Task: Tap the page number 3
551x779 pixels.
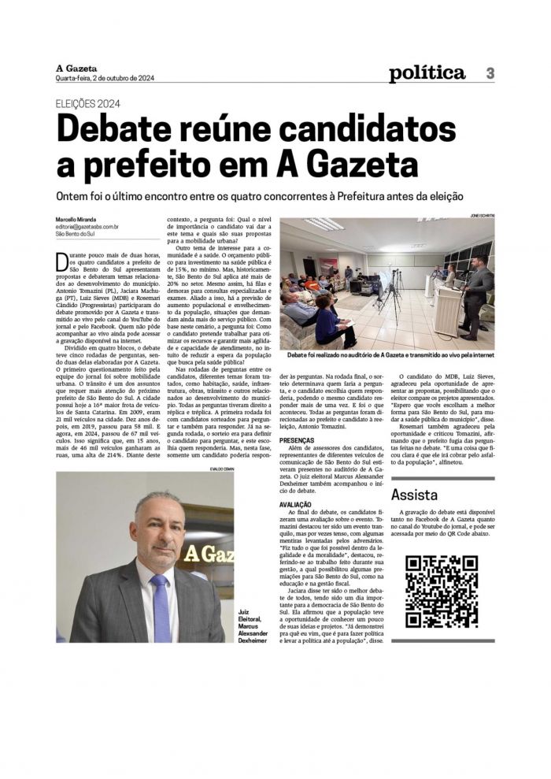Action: tap(490, 73)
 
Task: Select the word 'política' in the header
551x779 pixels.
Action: tap(427, 73)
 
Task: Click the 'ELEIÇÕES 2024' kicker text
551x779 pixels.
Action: tap(88, 103)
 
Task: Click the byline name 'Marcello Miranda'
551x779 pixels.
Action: tap(76, 219)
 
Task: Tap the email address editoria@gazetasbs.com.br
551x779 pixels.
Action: tap(87, 227)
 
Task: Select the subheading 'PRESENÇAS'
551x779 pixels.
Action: tap(297, 441)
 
